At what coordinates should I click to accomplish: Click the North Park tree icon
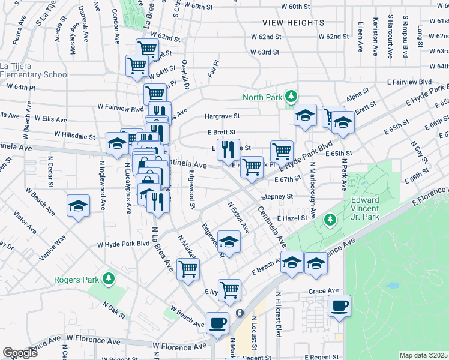[x=291, y=97]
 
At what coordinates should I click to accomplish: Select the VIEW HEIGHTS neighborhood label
[x=293, y=23]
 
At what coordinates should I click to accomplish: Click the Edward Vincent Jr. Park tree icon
[x=330, y=220]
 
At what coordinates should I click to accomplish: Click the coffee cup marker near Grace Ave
[x=339, y=305]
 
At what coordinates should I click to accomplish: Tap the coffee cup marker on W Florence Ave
[x=217, y=323]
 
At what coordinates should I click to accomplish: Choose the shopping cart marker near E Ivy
[x=229, y=290]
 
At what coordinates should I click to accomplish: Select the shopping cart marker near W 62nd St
[x=147, y=49]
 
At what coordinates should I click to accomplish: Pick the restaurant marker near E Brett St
[x=228, y=149]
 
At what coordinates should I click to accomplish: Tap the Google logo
[x=20, y=353]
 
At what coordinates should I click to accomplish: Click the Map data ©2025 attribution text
[x=423, y=355]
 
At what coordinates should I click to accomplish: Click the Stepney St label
[x=277, y=196]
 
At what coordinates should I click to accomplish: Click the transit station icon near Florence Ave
[x=240, y=313]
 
